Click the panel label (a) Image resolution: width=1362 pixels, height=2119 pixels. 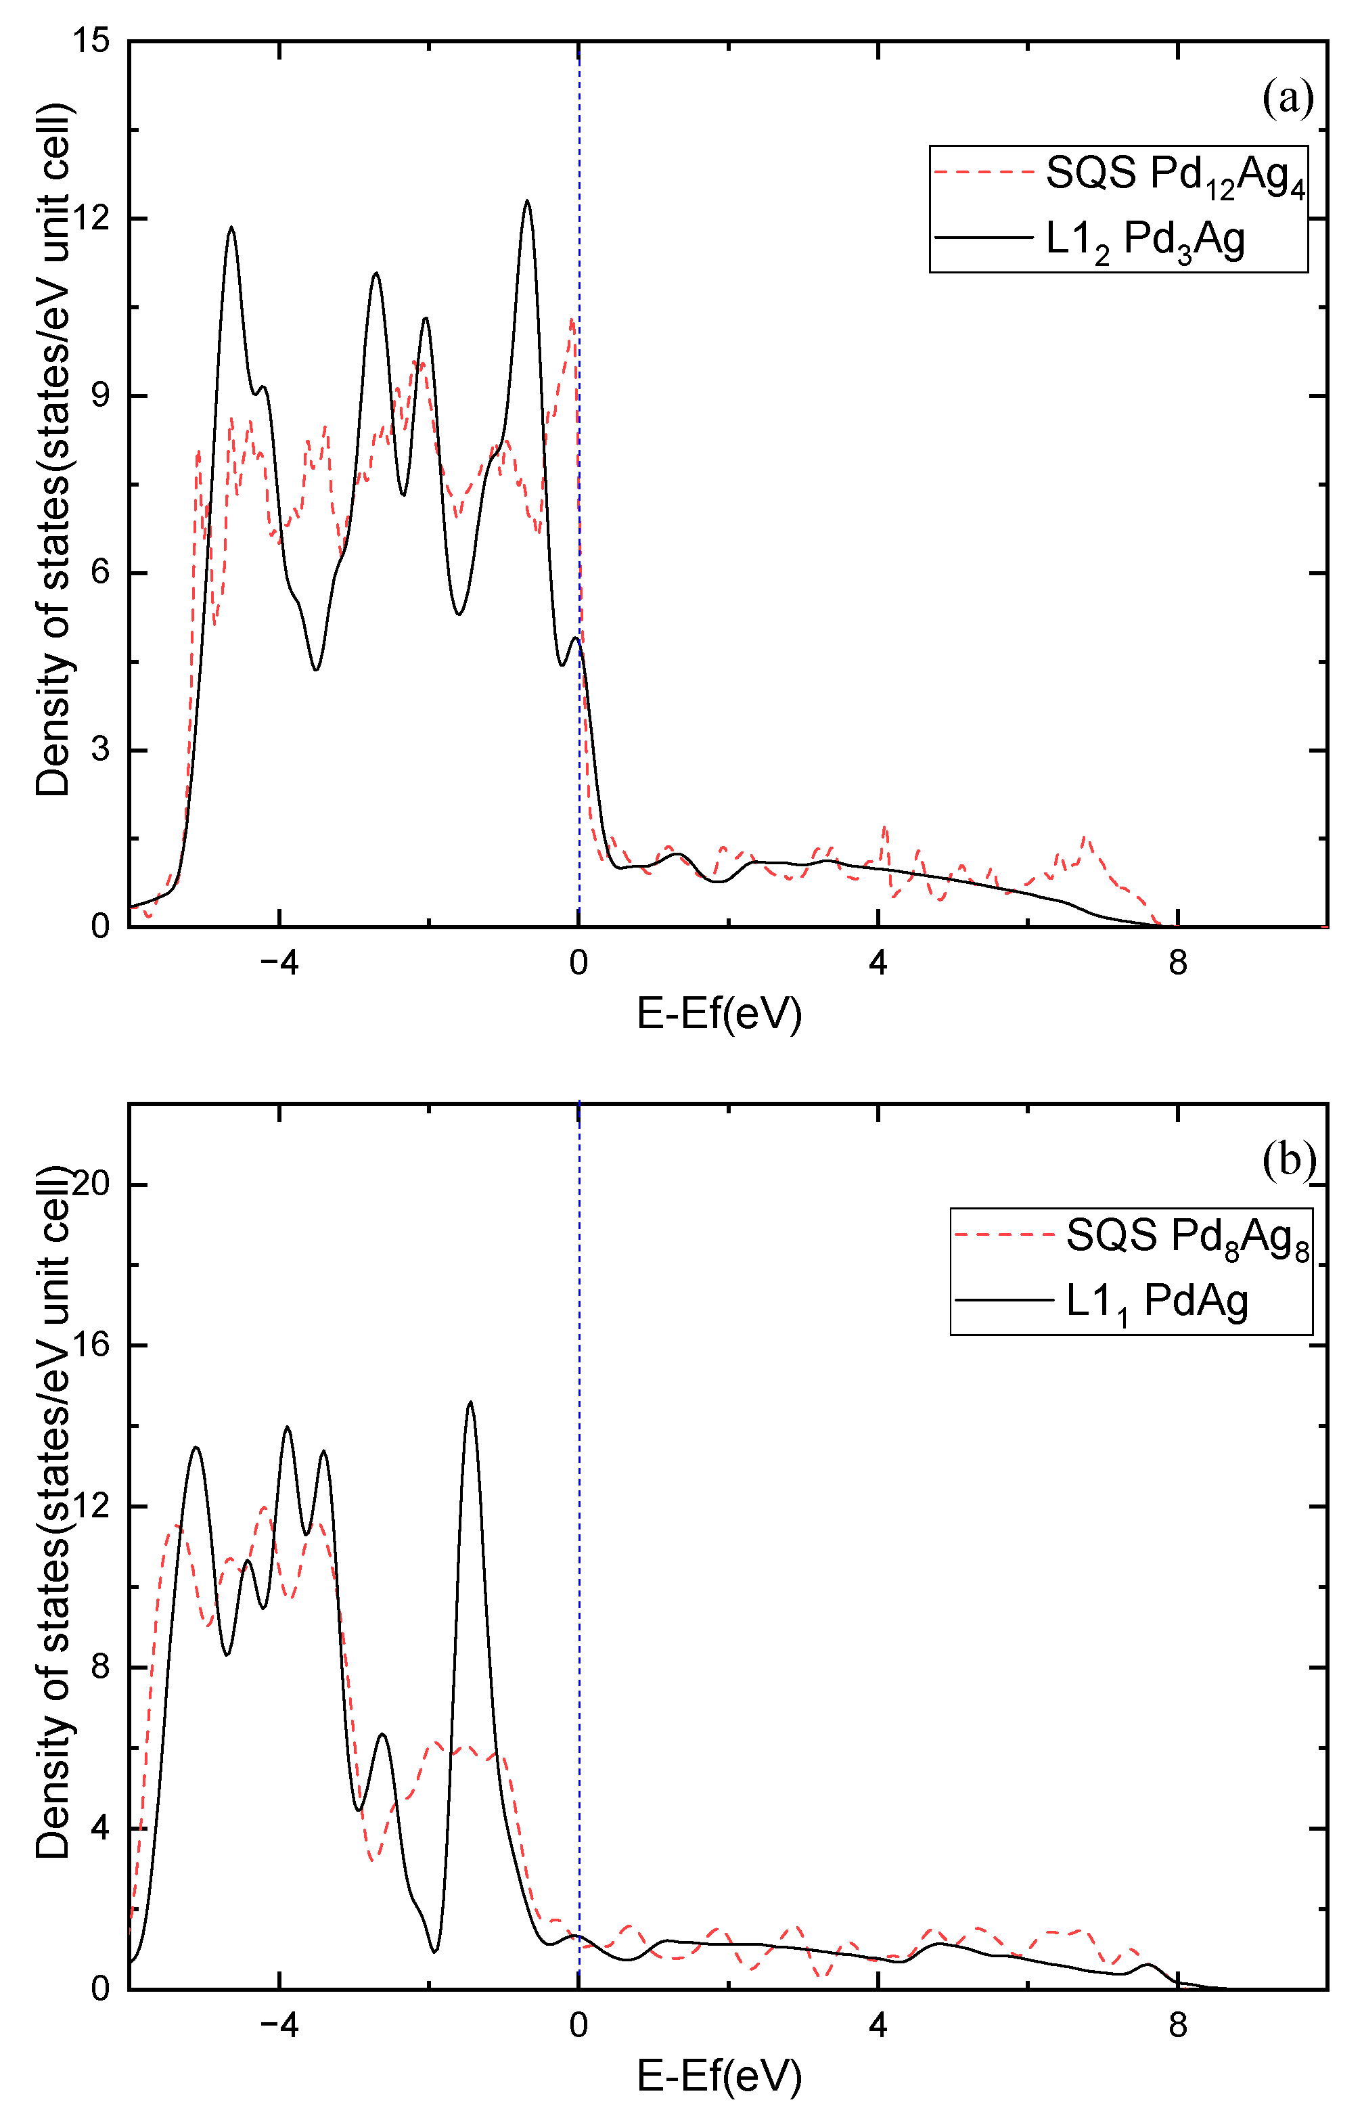coord(1288,98)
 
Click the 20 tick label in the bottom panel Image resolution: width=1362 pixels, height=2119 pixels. coord(89,1184)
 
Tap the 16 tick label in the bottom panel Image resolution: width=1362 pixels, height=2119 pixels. coord(89,1345)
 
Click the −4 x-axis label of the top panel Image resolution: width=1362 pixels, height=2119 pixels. coord(279,963)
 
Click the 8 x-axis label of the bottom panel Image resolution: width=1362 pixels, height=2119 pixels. coord(1177,2025)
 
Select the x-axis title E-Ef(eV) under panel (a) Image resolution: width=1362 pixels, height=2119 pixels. coord(719,1014)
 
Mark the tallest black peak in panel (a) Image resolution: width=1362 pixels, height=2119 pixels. coord(527,202)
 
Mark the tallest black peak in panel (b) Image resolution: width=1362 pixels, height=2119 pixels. coord(470,1404)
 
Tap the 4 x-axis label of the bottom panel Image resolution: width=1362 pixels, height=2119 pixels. coord(878,2025)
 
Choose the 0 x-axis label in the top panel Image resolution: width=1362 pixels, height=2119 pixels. coord(578,963)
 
